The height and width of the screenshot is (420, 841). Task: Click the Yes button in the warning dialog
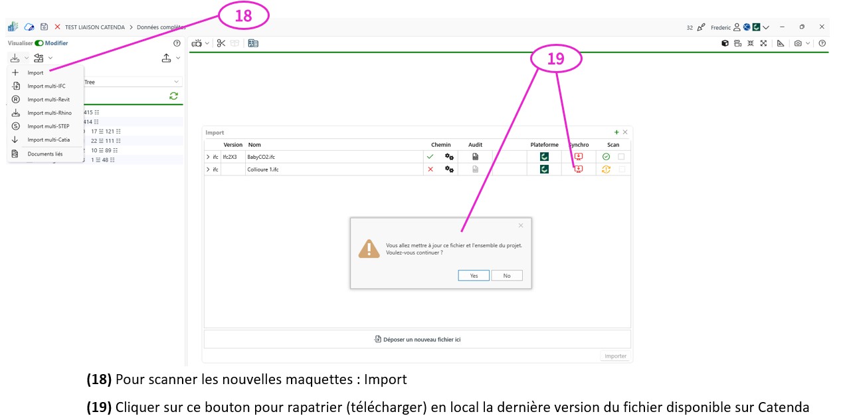tap(474, 275)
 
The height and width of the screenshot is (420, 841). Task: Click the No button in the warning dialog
tap(506, 275)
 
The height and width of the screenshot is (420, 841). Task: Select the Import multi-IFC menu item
tap(47, 86)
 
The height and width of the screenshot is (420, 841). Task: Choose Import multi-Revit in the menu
tap(48, 100)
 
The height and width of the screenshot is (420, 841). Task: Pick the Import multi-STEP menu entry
tap(48, 126)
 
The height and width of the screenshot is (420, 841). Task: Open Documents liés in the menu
tap(45, 154)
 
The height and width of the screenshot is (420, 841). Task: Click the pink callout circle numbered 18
tap(244, 15)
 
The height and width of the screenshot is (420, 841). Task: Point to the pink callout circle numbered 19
tap(556, 58)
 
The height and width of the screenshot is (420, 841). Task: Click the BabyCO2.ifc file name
tap(261, 157)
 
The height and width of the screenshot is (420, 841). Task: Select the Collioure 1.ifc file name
tap(263, 169)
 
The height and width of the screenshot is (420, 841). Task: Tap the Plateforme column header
tap(544, 145)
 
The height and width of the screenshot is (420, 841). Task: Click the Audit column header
tap(476, 145)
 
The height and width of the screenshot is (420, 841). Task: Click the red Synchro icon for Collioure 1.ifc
tap(579, 169)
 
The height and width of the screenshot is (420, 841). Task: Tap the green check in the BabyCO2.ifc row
tap(430, 156)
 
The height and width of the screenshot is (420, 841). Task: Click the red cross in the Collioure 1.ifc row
tap(430, 169)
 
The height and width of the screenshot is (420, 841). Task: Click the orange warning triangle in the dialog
tap(369, 249)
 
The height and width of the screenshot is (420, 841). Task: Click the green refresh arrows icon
tap(173, 96)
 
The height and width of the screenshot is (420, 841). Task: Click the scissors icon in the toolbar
tap(221, 43)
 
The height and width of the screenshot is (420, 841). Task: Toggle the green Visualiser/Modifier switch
tap(39, 43)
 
